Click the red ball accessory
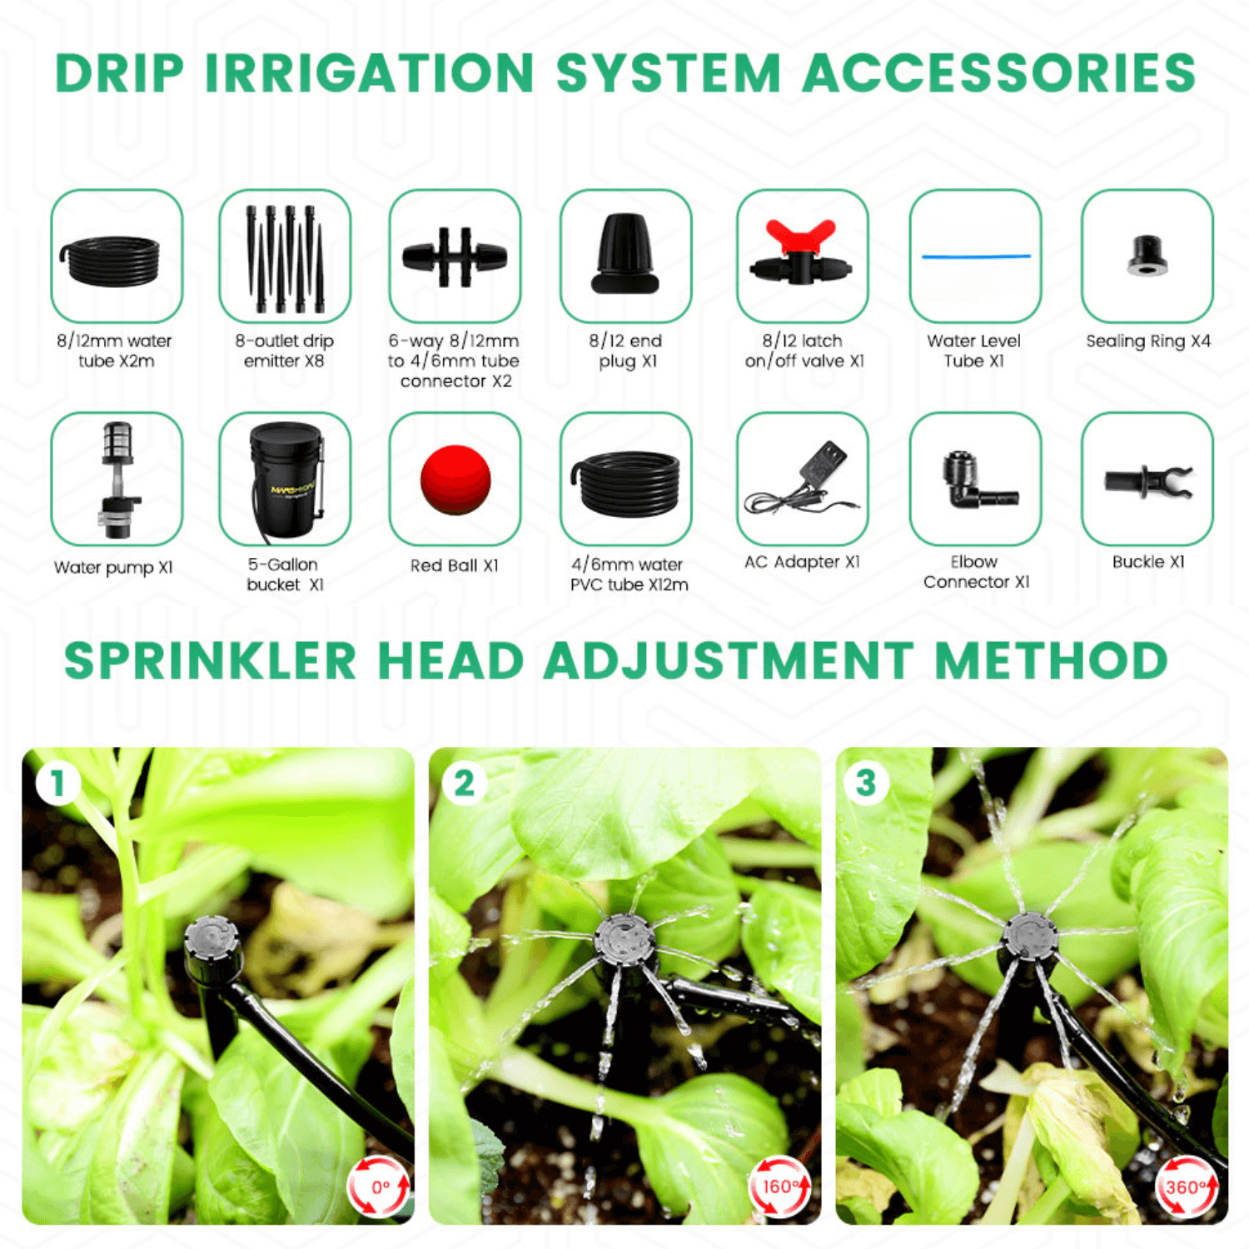coord(455,480)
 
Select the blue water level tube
coord(976,256)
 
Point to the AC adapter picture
coord(803,479)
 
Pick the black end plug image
coord(625,254)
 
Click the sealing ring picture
coord(1147,256)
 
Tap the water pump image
coord(117,480)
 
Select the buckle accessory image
coord(1147,480)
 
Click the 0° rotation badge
coord(379,1186)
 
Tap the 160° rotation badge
coord(779,1186)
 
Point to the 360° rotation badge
coord(1186,1186)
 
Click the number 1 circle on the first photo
coord(57,783)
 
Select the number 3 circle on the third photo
coord(866,783)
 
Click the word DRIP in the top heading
coord(120,73)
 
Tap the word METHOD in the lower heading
coord(1051,661)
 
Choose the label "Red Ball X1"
coord(455,565)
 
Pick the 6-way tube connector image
coord(455,256)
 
